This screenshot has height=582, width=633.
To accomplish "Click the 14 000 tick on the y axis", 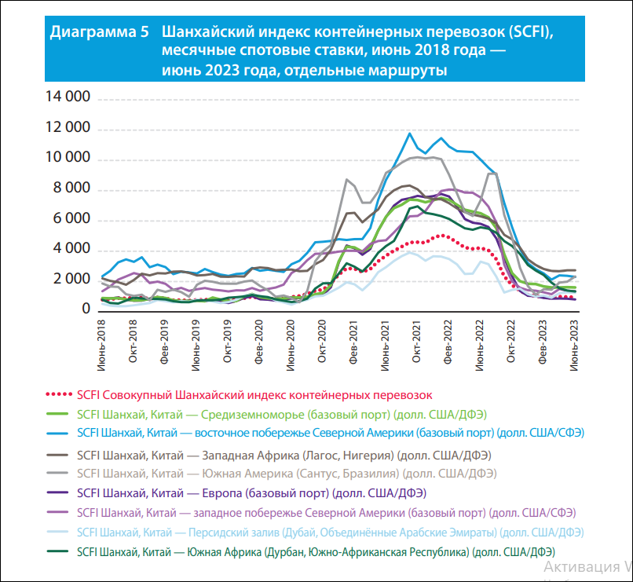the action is (68, 97).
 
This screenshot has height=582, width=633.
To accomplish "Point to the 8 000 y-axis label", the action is (71, 188).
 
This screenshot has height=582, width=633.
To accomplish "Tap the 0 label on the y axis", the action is (86, 309).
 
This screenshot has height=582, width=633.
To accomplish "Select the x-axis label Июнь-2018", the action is (101, 346).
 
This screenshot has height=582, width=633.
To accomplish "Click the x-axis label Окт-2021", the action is (416, 342).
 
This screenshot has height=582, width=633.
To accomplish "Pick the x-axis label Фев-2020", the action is (258, 342).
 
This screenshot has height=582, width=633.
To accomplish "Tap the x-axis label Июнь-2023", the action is (573, 346).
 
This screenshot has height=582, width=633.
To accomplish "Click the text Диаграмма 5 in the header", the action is (99, 32).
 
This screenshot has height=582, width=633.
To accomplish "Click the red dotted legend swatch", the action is (60, 395).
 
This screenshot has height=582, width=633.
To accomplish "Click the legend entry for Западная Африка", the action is (284, 456).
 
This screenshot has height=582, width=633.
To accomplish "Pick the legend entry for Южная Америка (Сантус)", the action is (287, 474).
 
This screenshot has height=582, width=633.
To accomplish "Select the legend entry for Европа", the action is (251, 493).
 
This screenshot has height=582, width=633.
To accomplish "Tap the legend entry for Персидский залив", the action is (330, 533).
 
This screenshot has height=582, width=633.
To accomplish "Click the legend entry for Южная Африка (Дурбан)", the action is (316, 552).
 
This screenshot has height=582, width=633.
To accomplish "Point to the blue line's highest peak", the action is (409, 134).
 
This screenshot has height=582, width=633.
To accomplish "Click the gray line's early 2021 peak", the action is (346, 179).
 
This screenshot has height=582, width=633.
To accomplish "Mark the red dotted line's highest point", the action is (443, 235).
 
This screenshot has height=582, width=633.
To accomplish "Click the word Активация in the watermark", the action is (582, 567).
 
